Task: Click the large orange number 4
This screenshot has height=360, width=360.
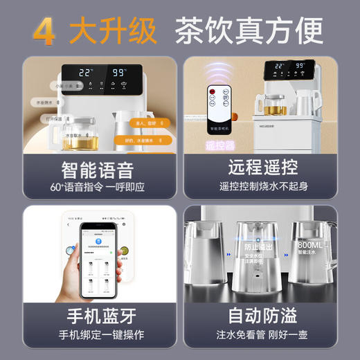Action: point(44,31)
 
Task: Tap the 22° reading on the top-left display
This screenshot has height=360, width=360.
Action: point(86,72)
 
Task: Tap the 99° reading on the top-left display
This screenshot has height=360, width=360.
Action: point(119,72)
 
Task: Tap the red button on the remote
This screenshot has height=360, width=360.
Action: point(213,91)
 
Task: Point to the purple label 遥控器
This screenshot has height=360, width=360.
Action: point(221,145)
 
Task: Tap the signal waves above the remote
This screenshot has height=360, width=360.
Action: point(219,71)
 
